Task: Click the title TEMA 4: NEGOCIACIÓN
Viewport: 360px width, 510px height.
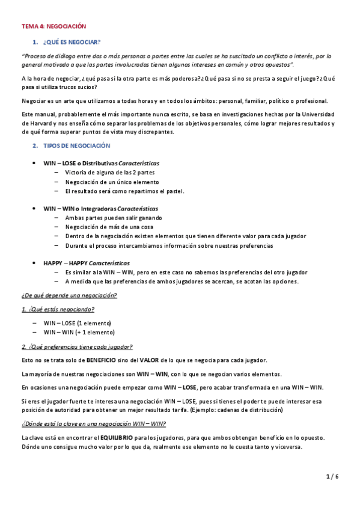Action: (54, 26)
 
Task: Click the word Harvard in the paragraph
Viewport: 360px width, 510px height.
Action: (34, 123)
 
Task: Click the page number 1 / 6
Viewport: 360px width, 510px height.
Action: (333, 477)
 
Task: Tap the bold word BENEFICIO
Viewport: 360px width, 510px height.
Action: (104, 360)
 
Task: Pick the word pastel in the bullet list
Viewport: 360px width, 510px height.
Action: (174, 191)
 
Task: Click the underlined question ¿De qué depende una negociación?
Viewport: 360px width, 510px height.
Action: (69, 295)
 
